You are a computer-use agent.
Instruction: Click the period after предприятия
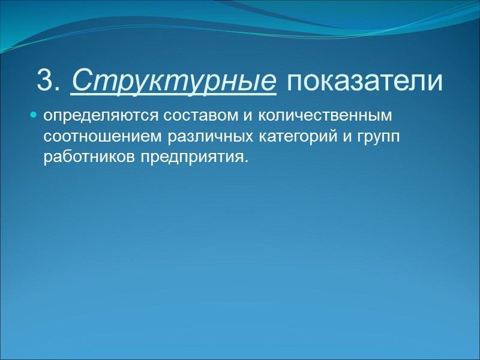[x=245, y=161]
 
